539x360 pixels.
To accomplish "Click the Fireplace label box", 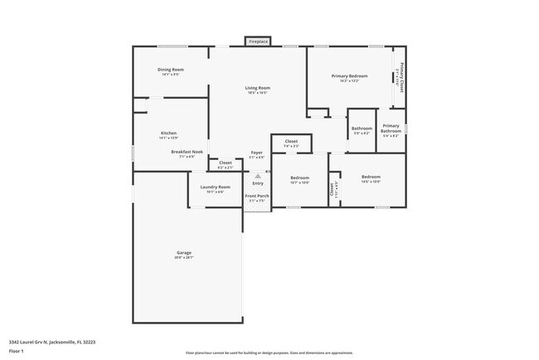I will tap(258, 41).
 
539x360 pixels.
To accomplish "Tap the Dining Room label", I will tap(171, 70).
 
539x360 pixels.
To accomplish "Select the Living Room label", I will tap(257, 89).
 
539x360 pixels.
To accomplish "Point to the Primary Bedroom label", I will tap(349, 77).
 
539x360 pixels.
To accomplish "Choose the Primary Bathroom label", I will tap(391, 129).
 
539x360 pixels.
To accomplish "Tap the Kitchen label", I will tap(168, 134).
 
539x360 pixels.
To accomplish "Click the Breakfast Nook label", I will tap(187, 153).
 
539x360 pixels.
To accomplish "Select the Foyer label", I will tap(257, 153).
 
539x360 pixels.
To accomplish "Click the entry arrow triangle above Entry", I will tap(257, 176).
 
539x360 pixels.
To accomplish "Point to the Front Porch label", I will tap(256, 197).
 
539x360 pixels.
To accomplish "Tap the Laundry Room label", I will tap(215, 188).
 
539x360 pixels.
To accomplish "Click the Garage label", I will tap(183, 253).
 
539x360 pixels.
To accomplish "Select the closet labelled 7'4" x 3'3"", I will tap(291, 143).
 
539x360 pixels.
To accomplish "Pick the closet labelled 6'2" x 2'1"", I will tap(225, 163).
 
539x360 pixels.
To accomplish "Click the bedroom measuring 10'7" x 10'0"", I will tap(299, 179).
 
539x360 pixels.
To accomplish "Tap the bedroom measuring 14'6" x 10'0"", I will tap(371, 178).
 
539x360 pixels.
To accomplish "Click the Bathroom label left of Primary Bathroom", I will tap(362, 129).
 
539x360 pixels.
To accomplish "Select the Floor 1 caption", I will tap(17, 349).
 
